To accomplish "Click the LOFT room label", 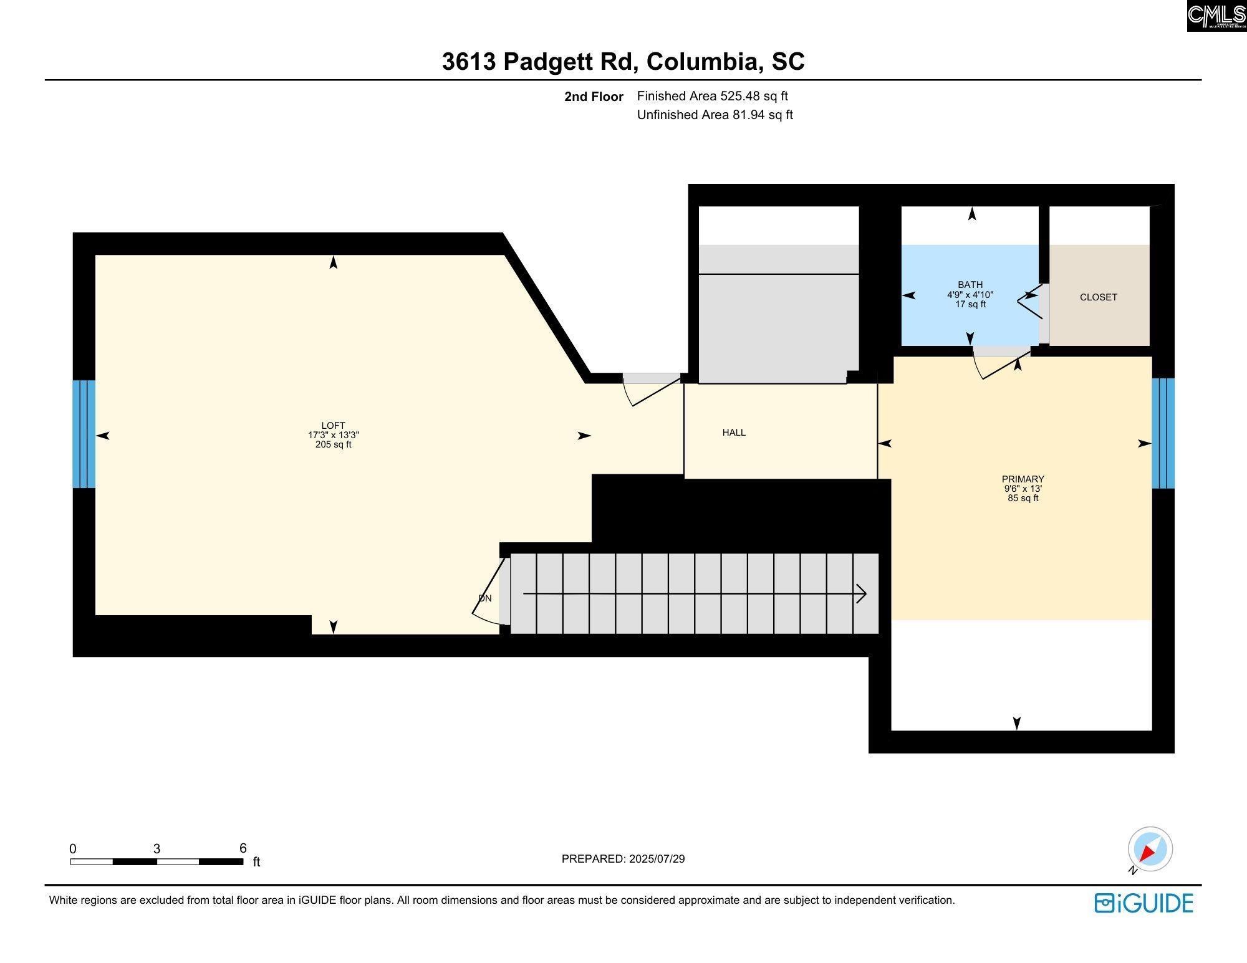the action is [333, 426].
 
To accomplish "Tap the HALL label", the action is [734, 433].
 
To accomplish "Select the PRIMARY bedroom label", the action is [1023, 479].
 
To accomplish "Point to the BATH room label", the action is [970, 285].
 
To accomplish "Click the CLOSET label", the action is [1099, 297].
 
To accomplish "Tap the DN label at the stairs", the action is [485, 598].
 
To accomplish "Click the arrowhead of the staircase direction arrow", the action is [861, 594].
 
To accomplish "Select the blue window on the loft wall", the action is [84, 434].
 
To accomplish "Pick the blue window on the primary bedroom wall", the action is [1163, 433].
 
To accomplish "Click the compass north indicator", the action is [1150, 849].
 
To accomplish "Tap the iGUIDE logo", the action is [1143, 903].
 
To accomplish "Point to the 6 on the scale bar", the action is [243, 848].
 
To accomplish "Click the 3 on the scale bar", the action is [157, 848].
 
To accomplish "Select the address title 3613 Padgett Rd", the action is [540, 62].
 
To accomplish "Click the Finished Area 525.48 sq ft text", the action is [713, 96].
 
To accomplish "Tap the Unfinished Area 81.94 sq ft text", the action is [715, 115].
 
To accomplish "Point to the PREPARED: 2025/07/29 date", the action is [623, 859].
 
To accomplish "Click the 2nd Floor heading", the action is [594, 97].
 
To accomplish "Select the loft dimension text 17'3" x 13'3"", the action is [334, 435].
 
